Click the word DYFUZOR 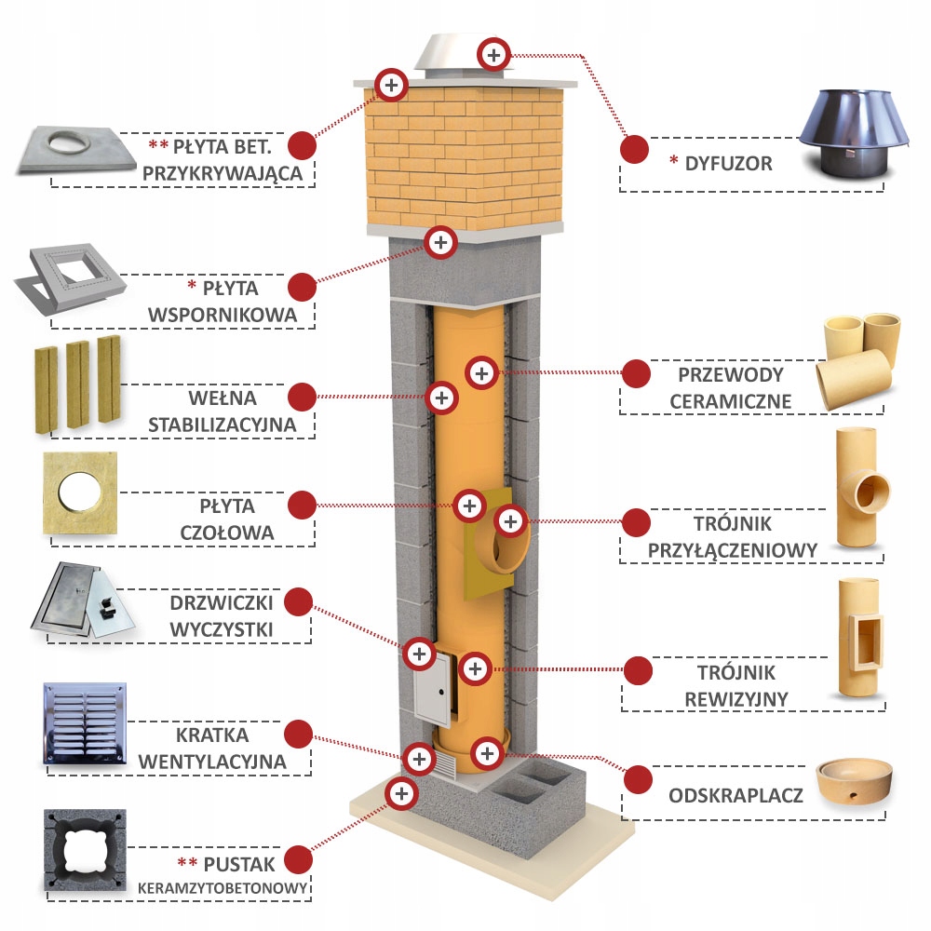pyautogui.click(x=729, y=164)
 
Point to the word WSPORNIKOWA pyautogui.click(x=223, y=315)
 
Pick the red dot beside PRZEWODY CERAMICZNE pyautogui.click(x=636, y=373)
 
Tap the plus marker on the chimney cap pyautogui.click(x=493, y=53)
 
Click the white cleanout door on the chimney pyautogui.click(x=431, y=691)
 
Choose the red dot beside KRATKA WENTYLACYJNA pyautogui.click(x=298, y=731)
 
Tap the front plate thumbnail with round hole pyautogui.click(x=81, y=493)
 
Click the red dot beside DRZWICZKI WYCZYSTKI pyautogui.click(x=298, y=600)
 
